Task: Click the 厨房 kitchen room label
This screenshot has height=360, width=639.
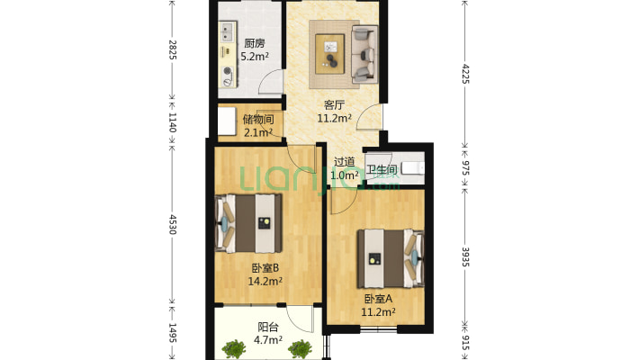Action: (x=254, y=43)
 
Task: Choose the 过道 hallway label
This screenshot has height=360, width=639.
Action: (x=345, y=163)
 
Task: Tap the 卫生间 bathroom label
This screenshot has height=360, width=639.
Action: (x=381, y=169)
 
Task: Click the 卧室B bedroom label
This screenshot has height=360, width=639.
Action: (x=264, y=267)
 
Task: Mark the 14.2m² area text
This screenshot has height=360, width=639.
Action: (x=265, y=280)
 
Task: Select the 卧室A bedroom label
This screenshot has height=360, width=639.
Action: (x=379, y=299)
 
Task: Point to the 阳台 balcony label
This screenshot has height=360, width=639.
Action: (x=267, y=328)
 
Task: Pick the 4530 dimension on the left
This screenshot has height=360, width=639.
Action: (x=172, y=223)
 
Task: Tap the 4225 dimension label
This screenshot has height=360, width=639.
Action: (x=465, y=72)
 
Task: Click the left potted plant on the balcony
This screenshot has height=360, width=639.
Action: (x=236, y=348)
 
